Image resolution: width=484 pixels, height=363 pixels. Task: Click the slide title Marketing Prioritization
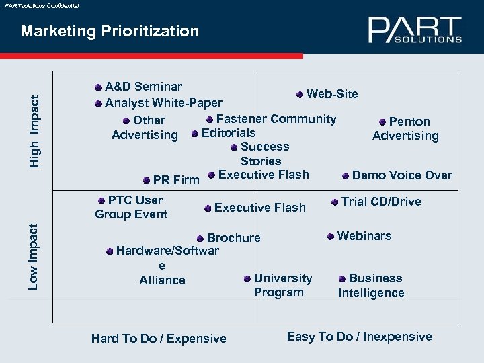pos(110,31)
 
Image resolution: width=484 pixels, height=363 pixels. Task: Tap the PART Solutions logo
pos(415,30)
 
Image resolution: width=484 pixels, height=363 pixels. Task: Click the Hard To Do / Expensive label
pos(159,339)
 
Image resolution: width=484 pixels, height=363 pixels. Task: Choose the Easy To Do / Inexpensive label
pos(359,337)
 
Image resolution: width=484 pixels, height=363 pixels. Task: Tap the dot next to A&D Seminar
pos(98,87)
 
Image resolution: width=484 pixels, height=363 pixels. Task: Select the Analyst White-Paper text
pos(163,103)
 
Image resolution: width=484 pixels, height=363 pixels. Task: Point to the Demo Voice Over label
pos(402,175)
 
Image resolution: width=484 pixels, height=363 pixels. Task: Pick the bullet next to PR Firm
pos(147,179)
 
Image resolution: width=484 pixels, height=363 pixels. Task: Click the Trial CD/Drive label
pos(381,201)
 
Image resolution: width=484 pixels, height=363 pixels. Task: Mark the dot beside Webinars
pos(330,236)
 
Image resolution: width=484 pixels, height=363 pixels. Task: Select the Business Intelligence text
pos(371,286)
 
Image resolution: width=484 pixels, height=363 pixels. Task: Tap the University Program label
pos(283,285)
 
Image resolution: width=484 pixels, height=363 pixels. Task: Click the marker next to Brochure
pos(200,238)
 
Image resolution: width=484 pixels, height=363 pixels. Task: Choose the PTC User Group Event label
pos(131,207)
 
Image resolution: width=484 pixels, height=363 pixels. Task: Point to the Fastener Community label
pos(276,119)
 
